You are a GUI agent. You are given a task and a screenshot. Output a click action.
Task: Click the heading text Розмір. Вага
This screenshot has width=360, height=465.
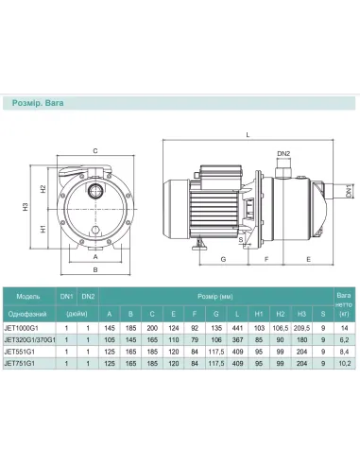pos(38,103)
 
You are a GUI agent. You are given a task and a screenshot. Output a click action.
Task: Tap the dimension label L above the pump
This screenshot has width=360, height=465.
pos(248,135)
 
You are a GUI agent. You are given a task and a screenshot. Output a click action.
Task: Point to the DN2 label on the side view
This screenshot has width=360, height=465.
pos(283,154)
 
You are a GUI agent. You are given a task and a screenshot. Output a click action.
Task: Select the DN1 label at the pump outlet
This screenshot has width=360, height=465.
pos(349,191)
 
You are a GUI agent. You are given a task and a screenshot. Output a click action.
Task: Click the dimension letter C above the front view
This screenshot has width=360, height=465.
pos(95,151)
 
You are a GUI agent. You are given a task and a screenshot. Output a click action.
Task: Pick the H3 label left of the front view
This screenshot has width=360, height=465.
pos(26,207)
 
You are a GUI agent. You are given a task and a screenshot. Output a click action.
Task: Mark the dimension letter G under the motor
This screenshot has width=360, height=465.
pos(223,259)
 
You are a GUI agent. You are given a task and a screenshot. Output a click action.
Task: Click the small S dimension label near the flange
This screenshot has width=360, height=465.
pos(241,239)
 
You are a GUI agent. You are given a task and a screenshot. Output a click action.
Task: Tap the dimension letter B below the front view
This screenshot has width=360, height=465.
pos(95,269)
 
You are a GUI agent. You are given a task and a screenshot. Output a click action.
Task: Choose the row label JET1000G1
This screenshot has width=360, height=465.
pos(22,328)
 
